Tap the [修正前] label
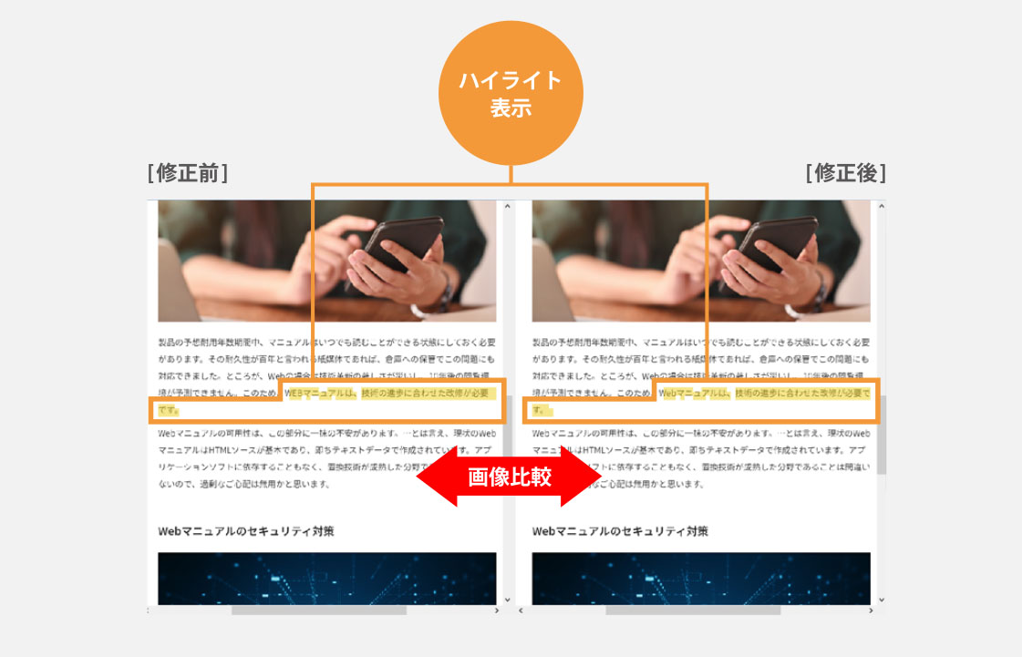[x=187, y=173]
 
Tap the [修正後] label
[x=845, y=173]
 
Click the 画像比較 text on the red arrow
[x=510, y=477]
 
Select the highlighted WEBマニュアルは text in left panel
[x=320, y=394]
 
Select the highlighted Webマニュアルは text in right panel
[x=694, y=394]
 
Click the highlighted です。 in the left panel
[x=168, y=410]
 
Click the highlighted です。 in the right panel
[x=542, y=410]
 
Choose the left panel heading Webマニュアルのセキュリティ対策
[x=246, y=531]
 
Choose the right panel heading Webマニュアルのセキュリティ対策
[x=620, y=531]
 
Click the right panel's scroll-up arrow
[x=881, y=207]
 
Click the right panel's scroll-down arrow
[x=881, y=600]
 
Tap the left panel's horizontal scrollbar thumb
[x=318, y=610]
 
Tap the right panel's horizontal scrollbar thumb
[x=693, y=610]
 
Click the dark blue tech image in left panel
[x=326, y=578]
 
